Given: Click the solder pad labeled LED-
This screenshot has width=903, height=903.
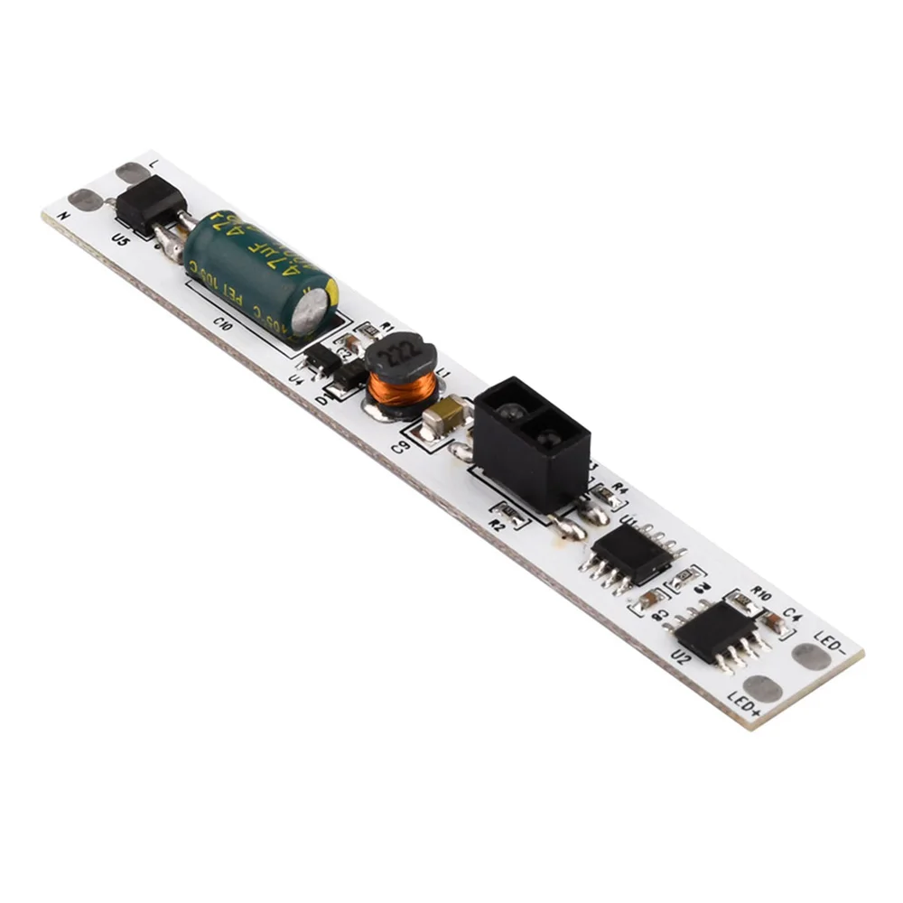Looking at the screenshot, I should [x=810, y=656].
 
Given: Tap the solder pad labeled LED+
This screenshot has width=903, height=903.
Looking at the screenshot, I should [x=763, y=690].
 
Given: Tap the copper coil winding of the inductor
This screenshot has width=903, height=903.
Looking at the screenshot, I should [x=403, y=391].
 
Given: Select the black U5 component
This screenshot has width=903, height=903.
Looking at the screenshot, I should [x=149, y=203].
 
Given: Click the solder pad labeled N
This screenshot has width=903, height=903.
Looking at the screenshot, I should [x=85, y=200].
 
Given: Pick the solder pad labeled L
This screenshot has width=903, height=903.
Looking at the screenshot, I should [x=132, y=172].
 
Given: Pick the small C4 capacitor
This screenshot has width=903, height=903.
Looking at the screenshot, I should [x=774, y=621].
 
